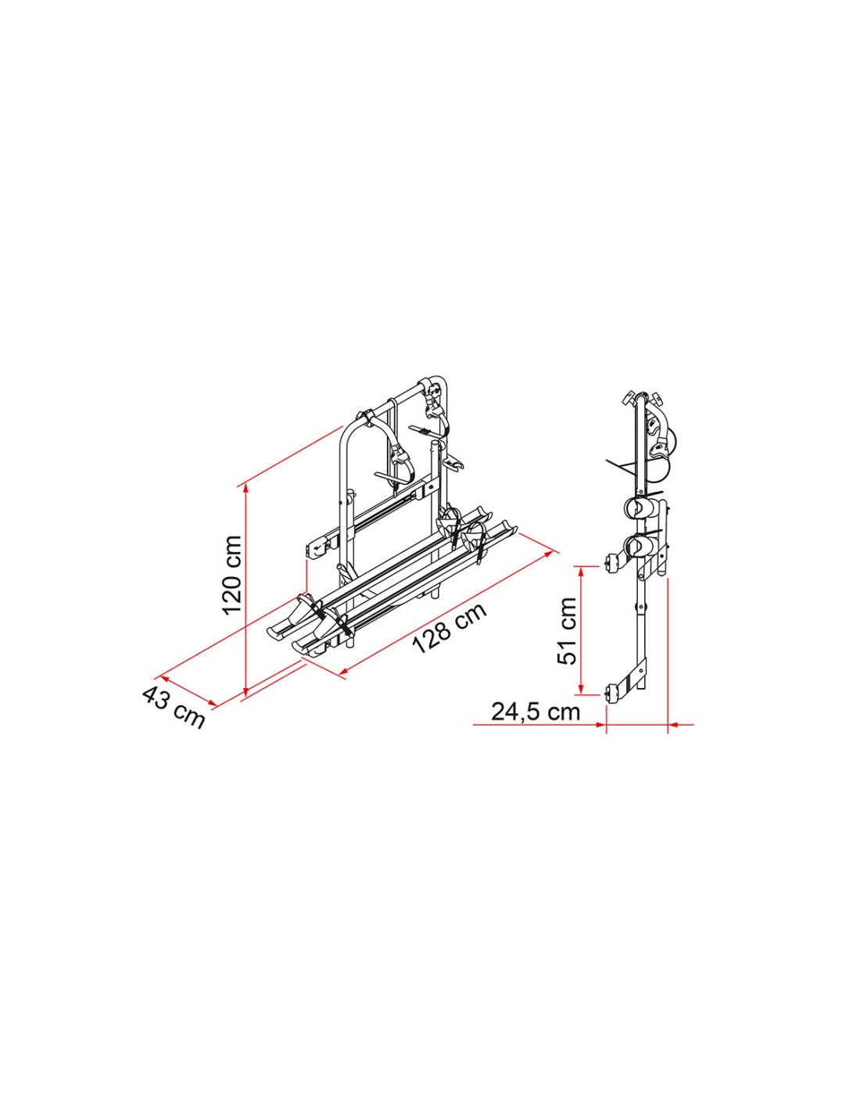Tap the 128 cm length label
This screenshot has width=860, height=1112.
tap(449, 629)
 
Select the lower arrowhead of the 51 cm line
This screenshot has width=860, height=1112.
tap(582, 689)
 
